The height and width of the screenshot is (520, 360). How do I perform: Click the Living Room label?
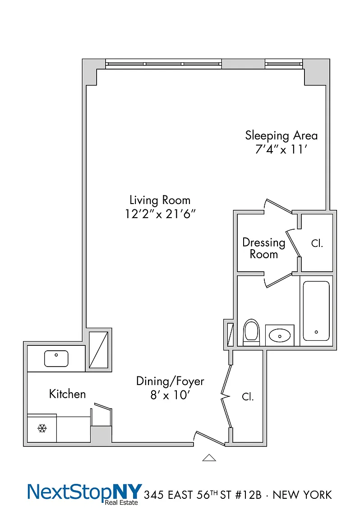point(160,200)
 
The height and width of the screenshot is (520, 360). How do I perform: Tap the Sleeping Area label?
point(281,135)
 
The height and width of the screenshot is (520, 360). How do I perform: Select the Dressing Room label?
point(264,248)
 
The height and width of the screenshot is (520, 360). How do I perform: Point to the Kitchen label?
point(67,394)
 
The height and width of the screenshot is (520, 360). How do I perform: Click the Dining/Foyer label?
point(170,381)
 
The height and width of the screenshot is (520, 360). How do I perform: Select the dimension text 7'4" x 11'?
point(281,149)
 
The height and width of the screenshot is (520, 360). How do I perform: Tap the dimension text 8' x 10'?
point(170,395)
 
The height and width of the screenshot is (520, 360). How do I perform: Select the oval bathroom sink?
point(280,335)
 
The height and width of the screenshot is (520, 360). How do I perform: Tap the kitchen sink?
point(56,358)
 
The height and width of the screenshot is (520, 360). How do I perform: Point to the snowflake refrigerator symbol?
point(42,428)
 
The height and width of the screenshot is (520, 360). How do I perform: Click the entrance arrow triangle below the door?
point(209,458)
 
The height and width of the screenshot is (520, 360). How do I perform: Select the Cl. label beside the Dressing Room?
point(317,243)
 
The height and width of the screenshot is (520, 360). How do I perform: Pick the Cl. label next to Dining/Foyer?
point(248,397)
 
